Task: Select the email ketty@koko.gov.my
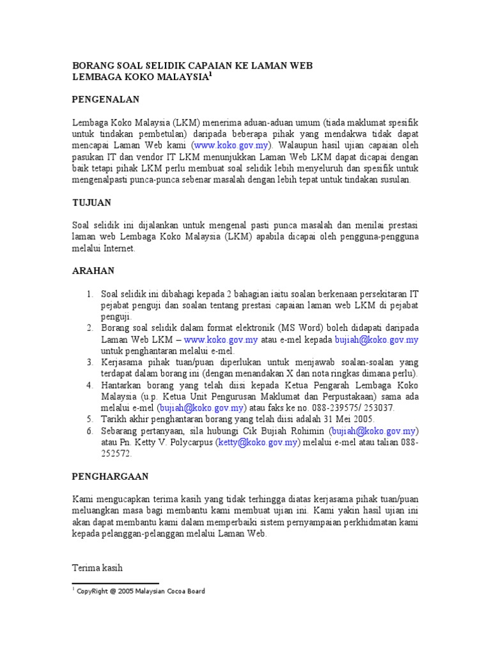(x=258, y=442)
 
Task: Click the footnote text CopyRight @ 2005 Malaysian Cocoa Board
(x=141, y=592)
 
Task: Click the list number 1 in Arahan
(x=90, y=294)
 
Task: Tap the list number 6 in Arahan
(x=90, y=431)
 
